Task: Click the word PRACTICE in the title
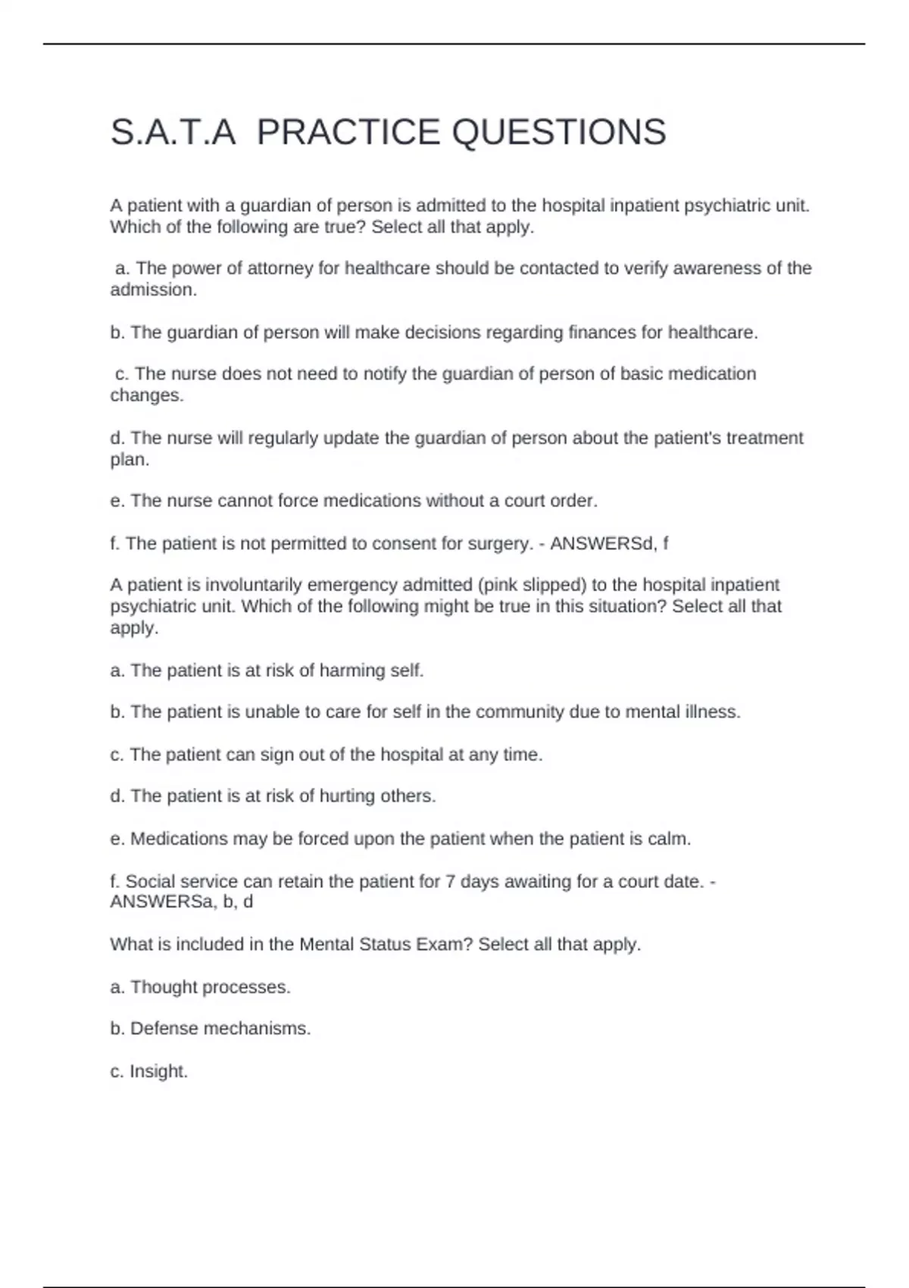[348, 133]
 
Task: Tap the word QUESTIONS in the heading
[559, 133]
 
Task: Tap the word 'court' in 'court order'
[529, 501]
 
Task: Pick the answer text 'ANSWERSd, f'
[609, 543]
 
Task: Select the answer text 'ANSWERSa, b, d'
[182, 902]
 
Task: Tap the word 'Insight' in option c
[158, 1071]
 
